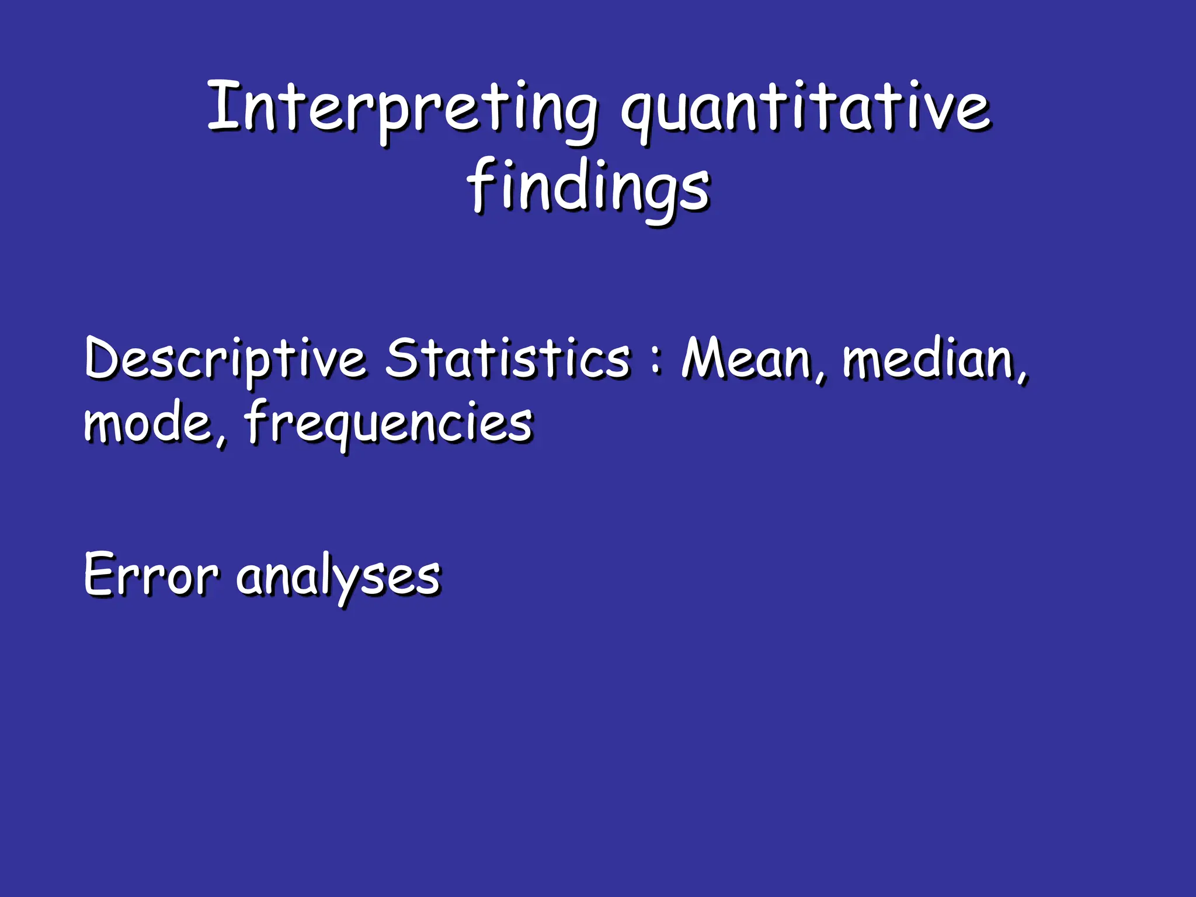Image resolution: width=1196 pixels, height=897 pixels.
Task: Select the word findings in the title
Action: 589,187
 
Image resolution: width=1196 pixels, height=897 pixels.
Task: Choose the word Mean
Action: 747,357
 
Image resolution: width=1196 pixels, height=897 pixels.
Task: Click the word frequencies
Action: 388,423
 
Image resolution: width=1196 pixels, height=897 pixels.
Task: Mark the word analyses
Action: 339,578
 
